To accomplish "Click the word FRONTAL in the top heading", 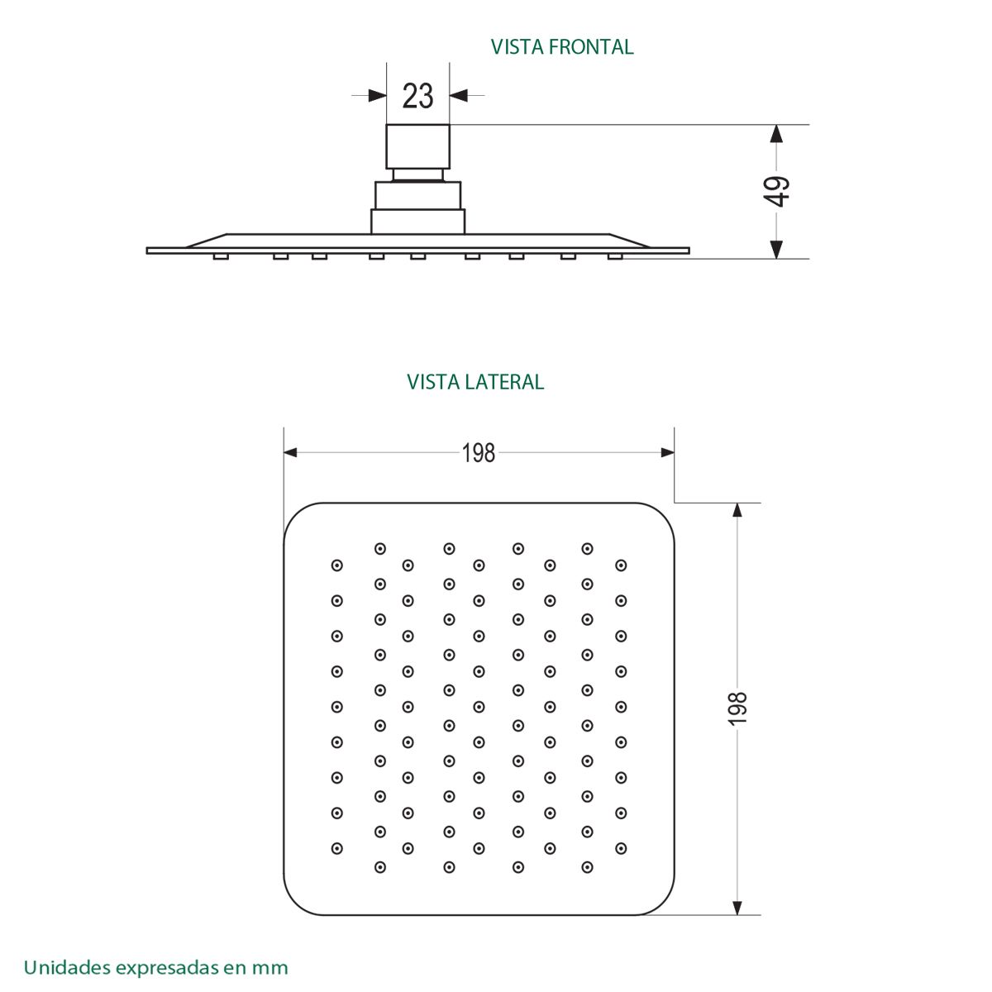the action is click(590, 47).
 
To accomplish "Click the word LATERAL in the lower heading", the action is click(504, 382).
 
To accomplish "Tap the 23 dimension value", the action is click(417, 96).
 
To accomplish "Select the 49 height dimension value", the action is click(776, 191).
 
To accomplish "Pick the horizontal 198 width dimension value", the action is click(479, 453).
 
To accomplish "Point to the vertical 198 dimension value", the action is click(737, 708).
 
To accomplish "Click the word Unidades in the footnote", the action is click(67, 967).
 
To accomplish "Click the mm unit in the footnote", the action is click(269, 969).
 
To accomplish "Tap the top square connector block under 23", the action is click(417, 146).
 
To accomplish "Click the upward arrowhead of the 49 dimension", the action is click(776, 134).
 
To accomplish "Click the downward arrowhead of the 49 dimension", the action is click(776, 250).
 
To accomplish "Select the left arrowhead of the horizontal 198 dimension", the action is click(290, 452).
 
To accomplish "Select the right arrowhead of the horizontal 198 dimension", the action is click(668, 452).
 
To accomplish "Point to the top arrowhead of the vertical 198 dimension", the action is click(737, 510).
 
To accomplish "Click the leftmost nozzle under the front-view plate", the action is click(221, 256).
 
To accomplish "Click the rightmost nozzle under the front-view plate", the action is click(615, 256).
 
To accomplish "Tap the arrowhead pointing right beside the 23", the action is click(377, 95).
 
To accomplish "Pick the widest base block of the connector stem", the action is click(418, 222).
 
